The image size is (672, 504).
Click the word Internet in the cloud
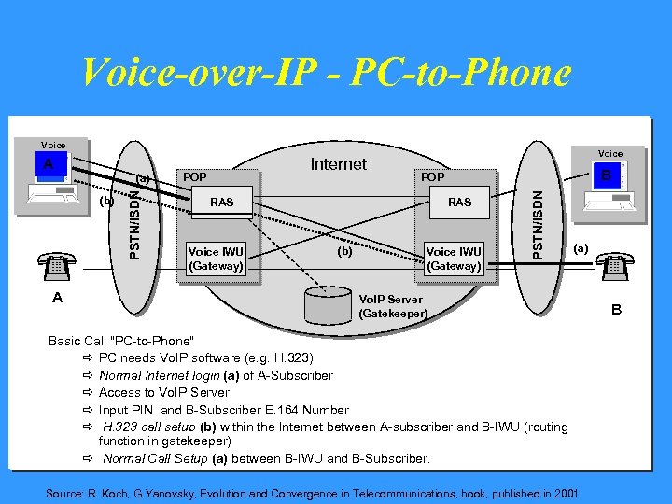click(338, 164)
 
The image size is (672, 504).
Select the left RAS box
click(221, 202)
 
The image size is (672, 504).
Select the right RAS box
click(459, 202)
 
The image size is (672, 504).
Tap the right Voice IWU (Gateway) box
click(454, 259)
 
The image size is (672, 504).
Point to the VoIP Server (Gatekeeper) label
click(392, 307)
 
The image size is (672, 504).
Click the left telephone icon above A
click(56, 266)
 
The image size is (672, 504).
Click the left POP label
click(195, 176)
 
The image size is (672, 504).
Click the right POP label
click(432, 176)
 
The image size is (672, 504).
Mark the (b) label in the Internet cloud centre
click(345, 250)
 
